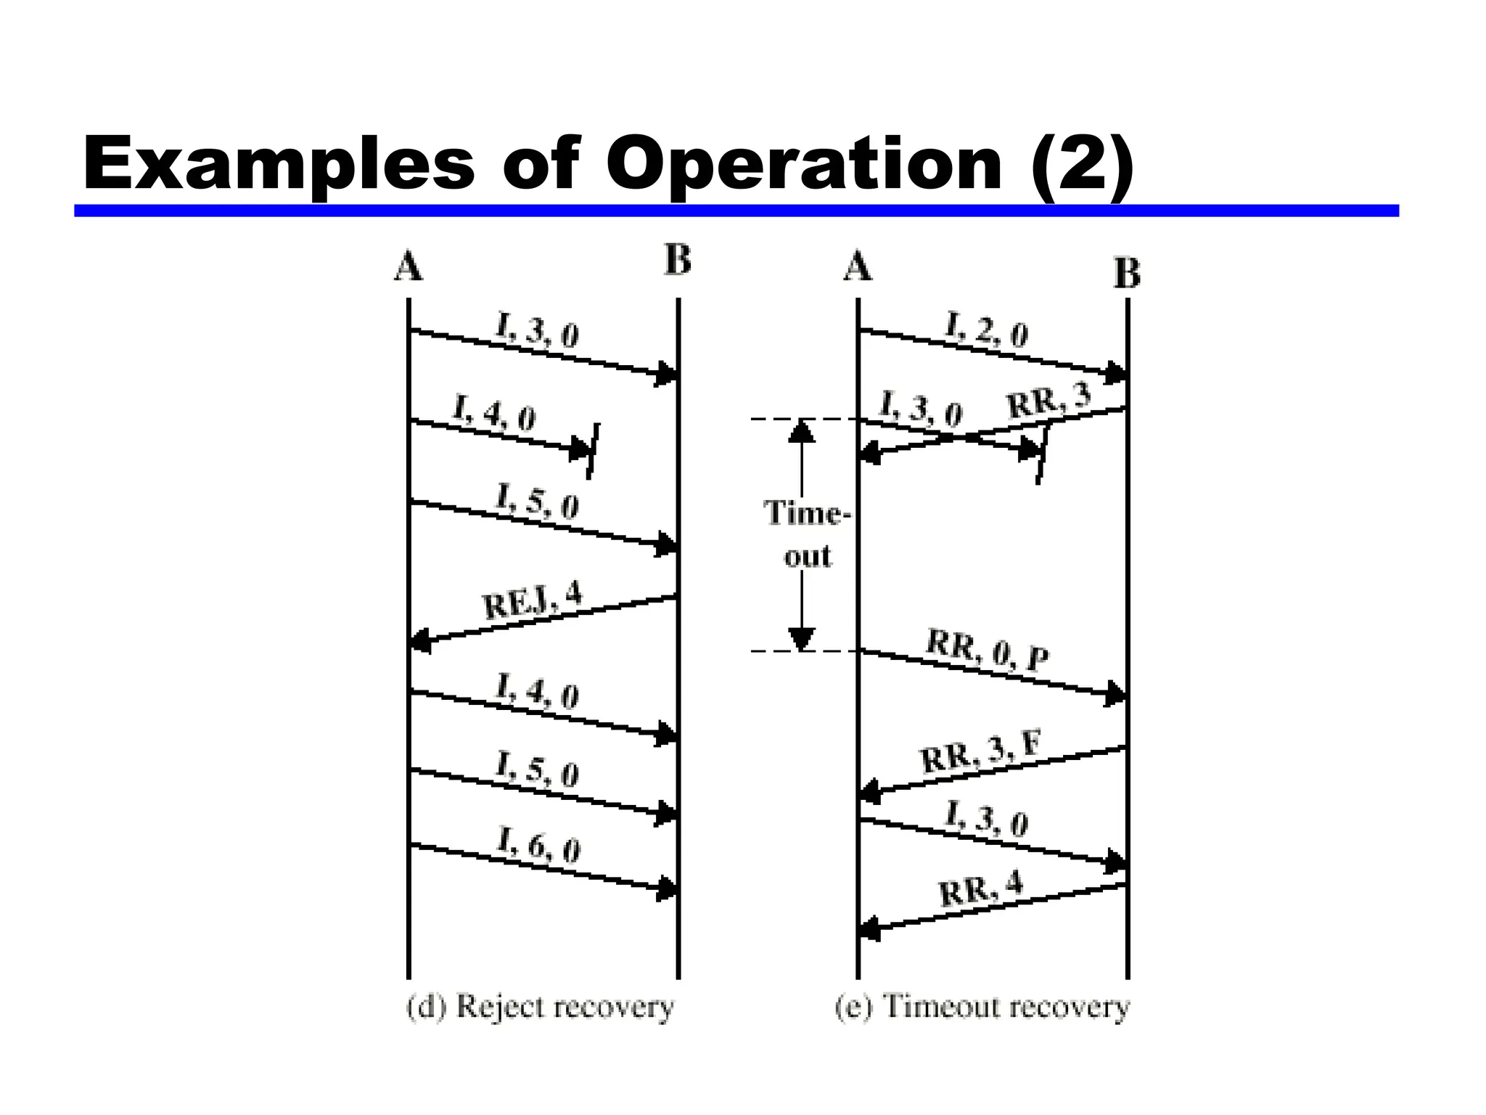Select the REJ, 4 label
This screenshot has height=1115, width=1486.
click(x=532, y=600)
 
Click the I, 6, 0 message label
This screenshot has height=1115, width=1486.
click(x=538, y=845)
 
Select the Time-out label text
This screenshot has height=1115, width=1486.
click(x=806, y=534)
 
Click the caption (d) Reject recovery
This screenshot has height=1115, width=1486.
click(x=540, y=1008)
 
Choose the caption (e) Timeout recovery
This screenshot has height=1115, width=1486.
click(x=982, y=1008)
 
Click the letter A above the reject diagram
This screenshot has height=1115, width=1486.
click(x=408, y=266)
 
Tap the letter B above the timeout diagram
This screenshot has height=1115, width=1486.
click(x=1127, y=274)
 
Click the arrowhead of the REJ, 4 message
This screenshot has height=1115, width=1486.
click(x=420, y=642)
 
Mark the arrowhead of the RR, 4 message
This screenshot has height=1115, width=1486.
click(x=869, y=928)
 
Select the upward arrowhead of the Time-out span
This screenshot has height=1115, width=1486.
click(x=801, y=431)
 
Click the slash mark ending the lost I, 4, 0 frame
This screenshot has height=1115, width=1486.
click(x=593, y=451)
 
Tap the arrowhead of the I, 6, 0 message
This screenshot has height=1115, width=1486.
click(x=666, y=889)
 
